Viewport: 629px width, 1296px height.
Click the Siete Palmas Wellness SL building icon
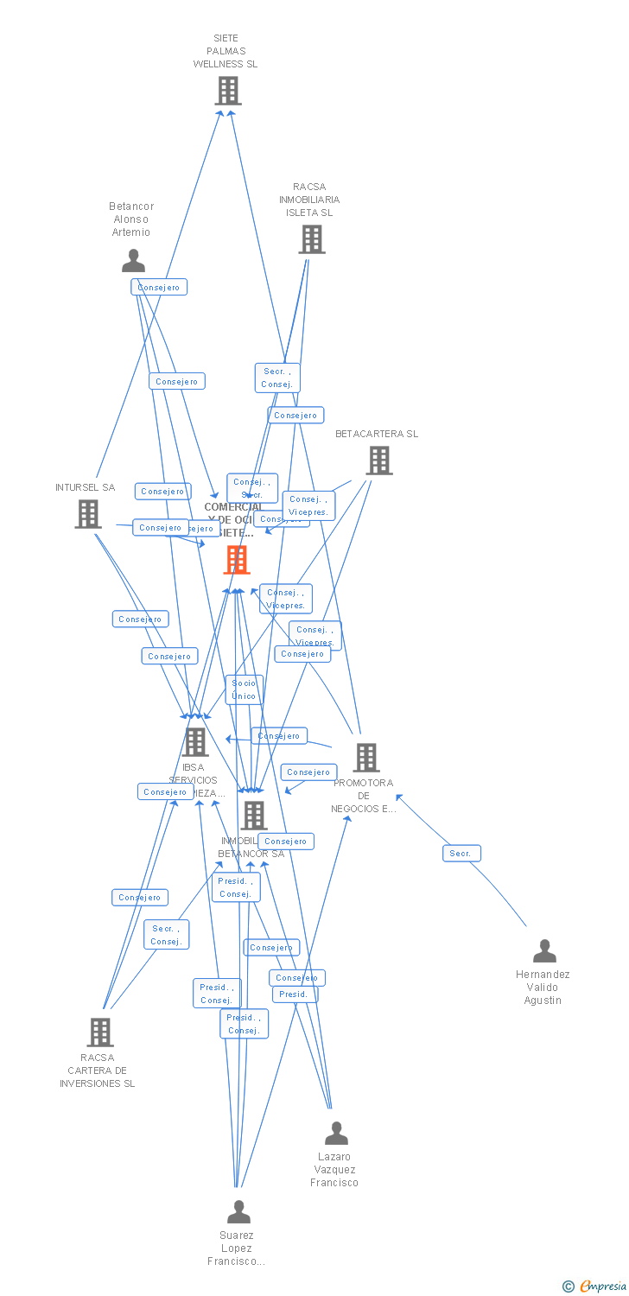(x=228, y=91)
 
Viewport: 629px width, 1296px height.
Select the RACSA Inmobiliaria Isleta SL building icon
(x=312, y=239)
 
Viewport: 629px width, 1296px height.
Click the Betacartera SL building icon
(x=378, y=461)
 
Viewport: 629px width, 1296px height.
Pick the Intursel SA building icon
(x=88, y=514)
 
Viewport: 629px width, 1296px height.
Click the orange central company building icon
(x=237, y=560)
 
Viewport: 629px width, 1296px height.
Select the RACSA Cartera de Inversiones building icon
(x=100, y=1032)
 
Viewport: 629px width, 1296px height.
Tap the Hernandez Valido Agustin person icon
(x=544, y=951)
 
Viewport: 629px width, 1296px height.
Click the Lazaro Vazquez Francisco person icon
(x=336, y=1133)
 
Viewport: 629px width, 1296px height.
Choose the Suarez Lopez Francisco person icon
(x=238, y=1212)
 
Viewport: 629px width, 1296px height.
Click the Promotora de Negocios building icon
(x=365, y=758)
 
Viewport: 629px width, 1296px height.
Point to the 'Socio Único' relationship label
(x=245, y=689)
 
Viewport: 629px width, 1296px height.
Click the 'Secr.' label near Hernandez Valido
(x=461, y=854)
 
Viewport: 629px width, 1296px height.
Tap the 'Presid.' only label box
(x=295, y=994)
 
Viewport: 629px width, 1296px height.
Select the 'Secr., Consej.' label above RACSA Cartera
(x=166, y=935)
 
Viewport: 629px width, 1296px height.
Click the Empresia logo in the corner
(x=595, y=1286)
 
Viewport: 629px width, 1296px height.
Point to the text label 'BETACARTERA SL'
(x=377, y=434)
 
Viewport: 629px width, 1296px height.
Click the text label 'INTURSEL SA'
(x=85, y=487)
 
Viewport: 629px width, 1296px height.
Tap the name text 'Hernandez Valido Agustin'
(x=543, y=988)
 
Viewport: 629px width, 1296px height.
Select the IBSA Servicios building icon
(x=195, y=741)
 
